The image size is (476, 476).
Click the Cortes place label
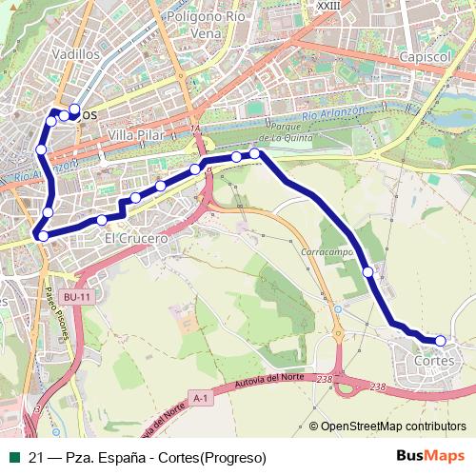coord(435,362)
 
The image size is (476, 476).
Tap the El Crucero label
coord(136,237)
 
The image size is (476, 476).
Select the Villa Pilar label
coord(135,136)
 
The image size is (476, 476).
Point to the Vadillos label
coord(78,54)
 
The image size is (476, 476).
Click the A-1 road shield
coord(199,397)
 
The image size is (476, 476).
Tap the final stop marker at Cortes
coord(440,340)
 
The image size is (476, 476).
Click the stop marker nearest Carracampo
coord(368,272)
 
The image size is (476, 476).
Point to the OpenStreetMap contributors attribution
coord(393,426)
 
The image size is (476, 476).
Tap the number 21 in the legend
coord(36,456)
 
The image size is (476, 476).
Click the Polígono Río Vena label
coord(207,24)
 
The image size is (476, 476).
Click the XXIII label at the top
coord(327,5)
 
